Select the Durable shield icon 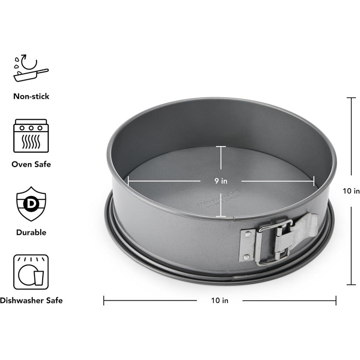point(31,204)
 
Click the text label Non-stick point(31,96)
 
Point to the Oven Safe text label point(31,165)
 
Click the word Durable point(31,232)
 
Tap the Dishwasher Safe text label point(31,300)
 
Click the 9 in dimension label point(221,181)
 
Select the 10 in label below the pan point(220,300)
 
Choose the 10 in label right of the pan point(351,191)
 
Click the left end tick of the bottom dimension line point(104,300)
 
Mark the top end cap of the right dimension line point(351,98)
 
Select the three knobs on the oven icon point(31,127)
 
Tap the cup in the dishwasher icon point(39,279)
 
